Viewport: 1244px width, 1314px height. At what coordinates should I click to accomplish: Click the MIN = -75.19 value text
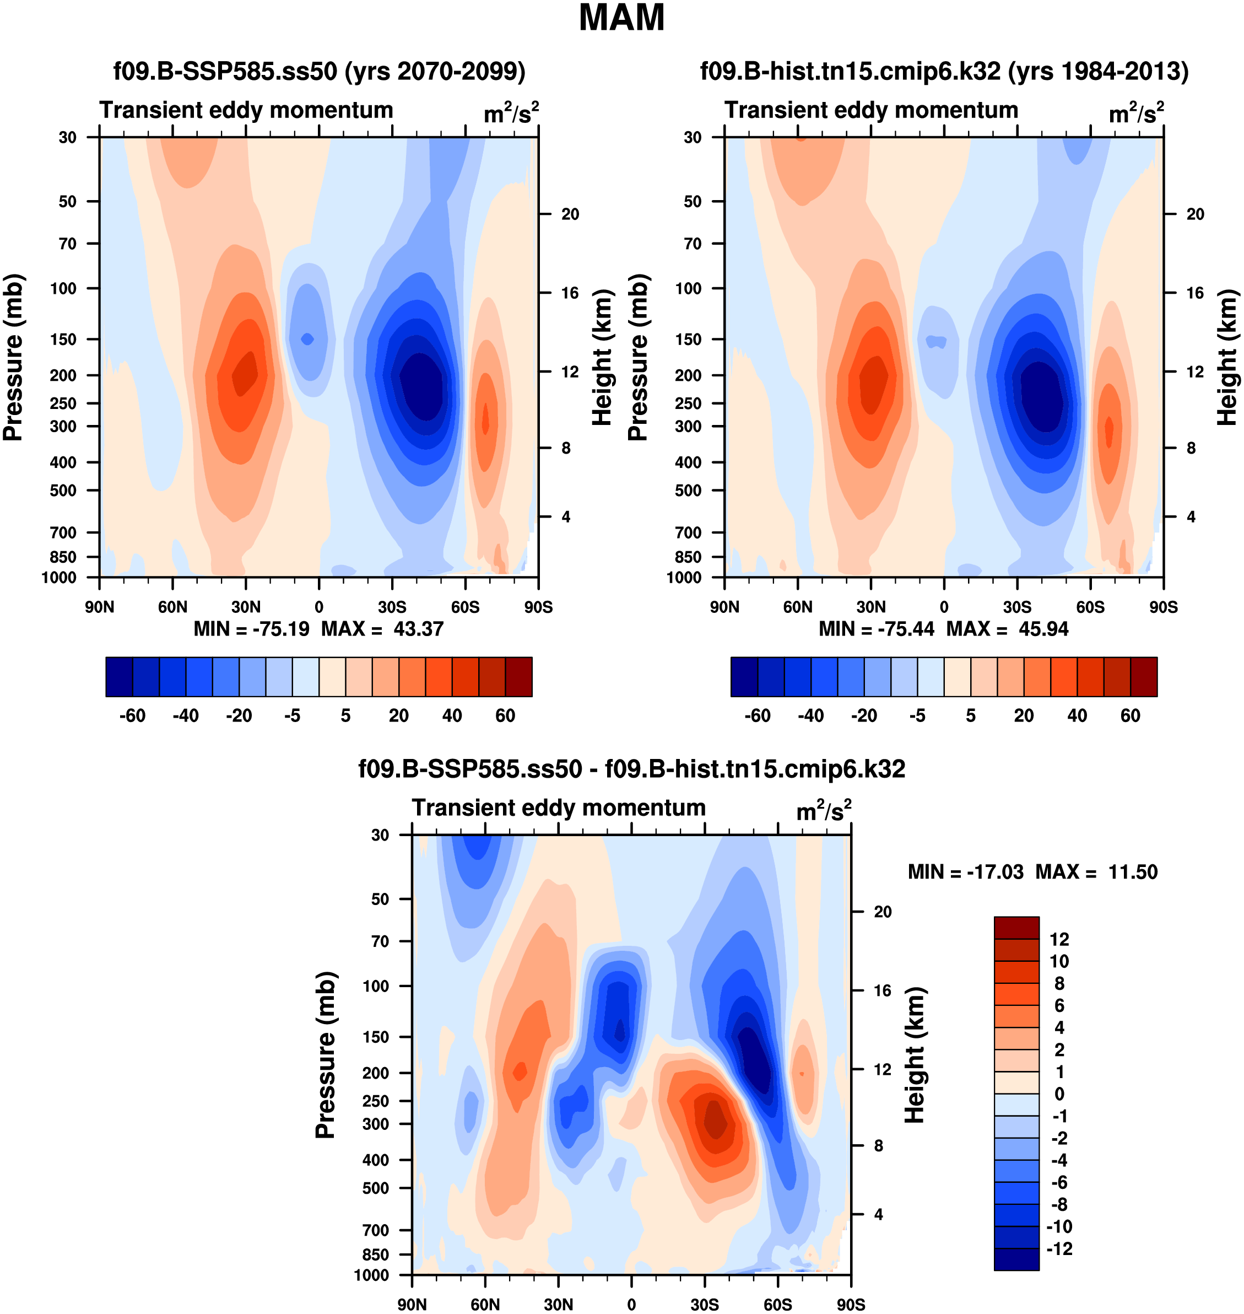click(x=251, y=629)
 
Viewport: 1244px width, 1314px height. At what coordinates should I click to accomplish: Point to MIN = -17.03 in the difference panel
click(x=965, y=871)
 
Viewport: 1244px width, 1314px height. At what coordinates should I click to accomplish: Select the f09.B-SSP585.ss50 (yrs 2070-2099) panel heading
click(x=319, y=71)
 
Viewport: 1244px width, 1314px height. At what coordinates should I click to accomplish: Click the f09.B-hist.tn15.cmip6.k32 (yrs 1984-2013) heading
click(x=944, y=71)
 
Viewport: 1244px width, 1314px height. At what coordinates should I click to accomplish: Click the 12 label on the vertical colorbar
click(x=1059, y=939)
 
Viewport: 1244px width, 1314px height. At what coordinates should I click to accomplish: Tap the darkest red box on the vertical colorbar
click(x=1016, y=927)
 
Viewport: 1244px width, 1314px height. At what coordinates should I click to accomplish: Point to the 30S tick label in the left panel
click(x=392, y=607)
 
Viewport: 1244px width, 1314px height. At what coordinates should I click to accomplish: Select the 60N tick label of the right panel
click(x=798, y=607)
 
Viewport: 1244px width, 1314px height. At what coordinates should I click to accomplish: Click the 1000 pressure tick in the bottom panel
click(x=371, y=1275)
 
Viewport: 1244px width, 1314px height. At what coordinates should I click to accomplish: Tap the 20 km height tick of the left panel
click(x=570, y=214)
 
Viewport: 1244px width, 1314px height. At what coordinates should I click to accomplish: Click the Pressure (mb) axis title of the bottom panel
click(x=326, y=1054)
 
